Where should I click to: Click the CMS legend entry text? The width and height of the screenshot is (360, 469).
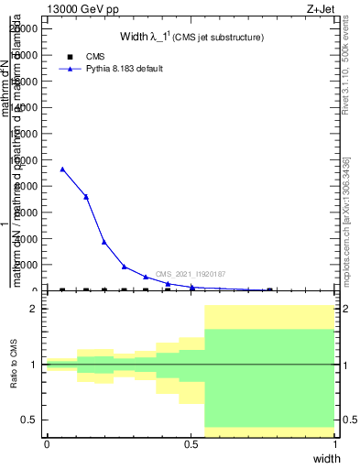click(x=95, y=57)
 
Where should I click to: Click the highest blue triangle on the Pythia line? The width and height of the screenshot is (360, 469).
click(x=62, y=169)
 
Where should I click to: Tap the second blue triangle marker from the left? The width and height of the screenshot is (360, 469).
click(x=86, y=196)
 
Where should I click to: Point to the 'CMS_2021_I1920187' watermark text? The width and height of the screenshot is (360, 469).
click(x=190, y=274)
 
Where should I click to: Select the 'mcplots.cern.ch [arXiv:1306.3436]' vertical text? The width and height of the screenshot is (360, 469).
click(x=345, y=216)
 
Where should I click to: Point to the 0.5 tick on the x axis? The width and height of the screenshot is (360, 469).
click(x=191, y=442)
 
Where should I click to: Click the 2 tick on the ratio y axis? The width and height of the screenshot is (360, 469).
click(x=34, y=309)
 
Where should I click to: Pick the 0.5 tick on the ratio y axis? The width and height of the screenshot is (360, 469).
click(x=29, y=420)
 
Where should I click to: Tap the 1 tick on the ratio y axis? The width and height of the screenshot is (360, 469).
click(x=34, y=365)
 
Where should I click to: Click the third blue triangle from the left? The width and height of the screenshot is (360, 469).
click(x=104, y=242)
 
